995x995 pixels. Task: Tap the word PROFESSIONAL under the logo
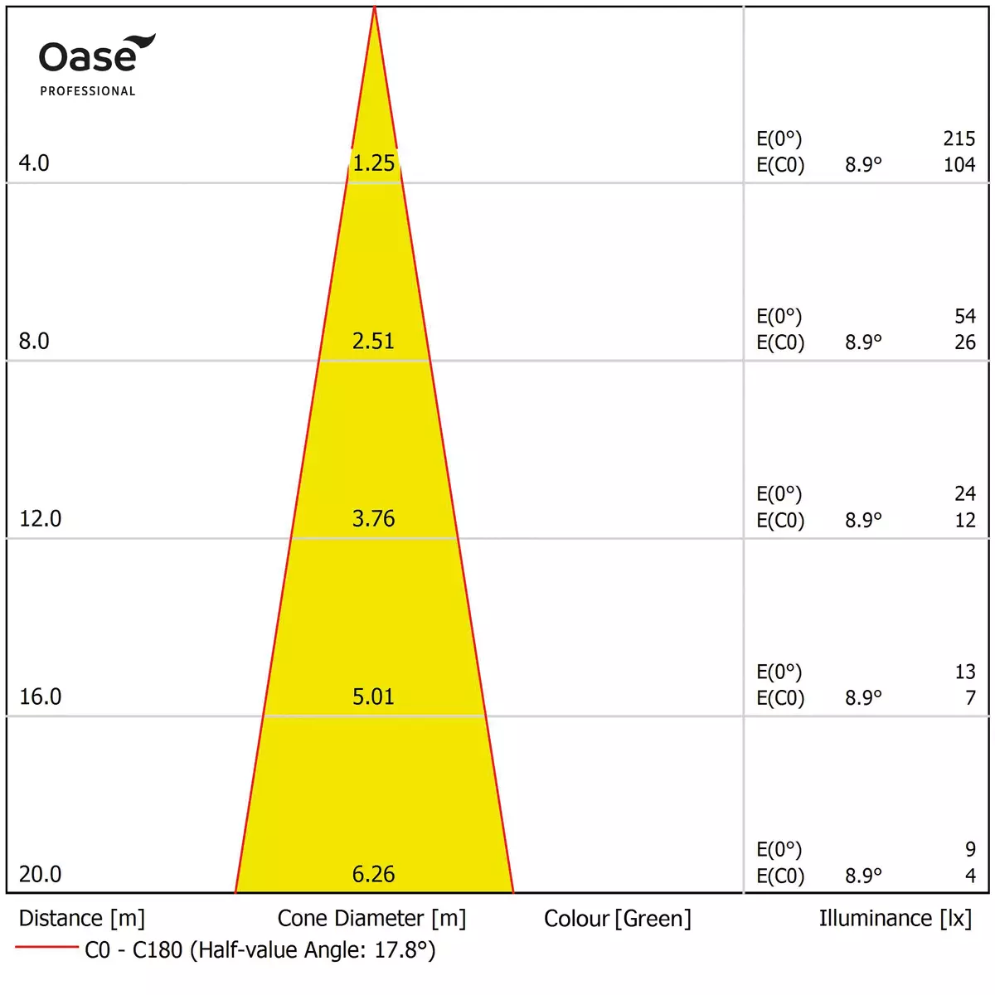87,91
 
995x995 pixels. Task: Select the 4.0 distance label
34,163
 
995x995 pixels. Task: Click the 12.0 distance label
40,518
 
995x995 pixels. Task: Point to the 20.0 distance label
40,874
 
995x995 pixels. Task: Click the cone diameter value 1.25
373,163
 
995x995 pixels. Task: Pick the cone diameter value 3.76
373,518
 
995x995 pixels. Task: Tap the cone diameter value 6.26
373,874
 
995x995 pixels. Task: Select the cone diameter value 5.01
373,696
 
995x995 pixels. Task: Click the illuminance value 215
959,138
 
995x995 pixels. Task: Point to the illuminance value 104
959,164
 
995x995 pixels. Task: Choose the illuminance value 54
964,316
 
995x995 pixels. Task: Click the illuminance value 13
964,672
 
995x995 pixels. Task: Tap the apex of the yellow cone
375,8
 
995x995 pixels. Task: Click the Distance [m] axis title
81,919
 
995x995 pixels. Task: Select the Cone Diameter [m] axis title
371,919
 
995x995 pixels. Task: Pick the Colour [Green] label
617,919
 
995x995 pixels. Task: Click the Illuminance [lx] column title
895,919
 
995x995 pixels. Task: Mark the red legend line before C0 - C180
46,947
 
